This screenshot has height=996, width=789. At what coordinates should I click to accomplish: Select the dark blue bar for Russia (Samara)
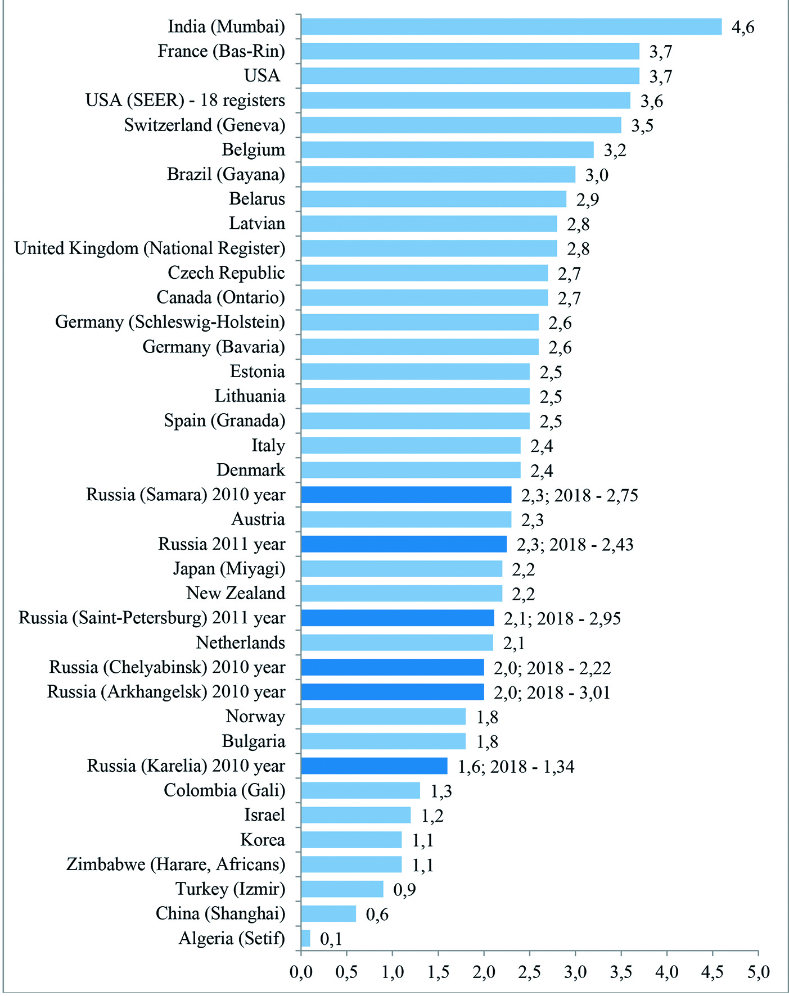click(x=406, y=495)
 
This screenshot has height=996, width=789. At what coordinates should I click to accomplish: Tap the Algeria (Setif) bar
click(x=305, y=938)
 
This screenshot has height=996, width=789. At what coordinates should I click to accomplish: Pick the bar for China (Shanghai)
click(x=328, y=913)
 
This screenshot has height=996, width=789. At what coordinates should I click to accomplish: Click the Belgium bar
click(x=447, y=150)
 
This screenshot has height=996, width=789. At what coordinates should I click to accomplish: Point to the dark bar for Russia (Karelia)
click(x=374, y=766)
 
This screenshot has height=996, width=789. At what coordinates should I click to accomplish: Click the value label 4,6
click(x=742, y=27)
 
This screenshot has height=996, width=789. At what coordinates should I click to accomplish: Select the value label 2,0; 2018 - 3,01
click(x=552, y=692)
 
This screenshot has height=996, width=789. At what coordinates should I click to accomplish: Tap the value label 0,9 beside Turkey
click(x=404, y=889)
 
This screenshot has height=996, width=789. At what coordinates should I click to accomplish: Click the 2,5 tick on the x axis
click(x=530, y=972)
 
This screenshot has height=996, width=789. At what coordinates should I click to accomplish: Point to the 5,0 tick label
click(x=758, y=972)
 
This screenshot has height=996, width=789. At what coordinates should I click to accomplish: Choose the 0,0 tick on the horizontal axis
click(x=301, y=972)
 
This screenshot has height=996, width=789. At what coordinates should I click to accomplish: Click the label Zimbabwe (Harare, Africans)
click(x=175, y=864)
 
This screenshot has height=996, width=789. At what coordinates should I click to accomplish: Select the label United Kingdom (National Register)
click(x=150, y=248)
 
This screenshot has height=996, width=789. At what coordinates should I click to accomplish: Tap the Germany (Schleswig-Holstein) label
click(x=170, y=322)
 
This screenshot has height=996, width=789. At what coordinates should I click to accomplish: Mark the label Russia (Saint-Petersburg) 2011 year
click(x=152, y=618)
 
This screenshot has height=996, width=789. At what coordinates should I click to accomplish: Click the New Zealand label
click(x=236, y=593)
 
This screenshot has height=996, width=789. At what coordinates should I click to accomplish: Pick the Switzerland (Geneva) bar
click(x=461, y=125)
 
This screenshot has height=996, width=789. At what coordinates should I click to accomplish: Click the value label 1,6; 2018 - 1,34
click(x=516, y=767)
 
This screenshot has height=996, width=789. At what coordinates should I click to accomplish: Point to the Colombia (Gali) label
click(x=224, y=790)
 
